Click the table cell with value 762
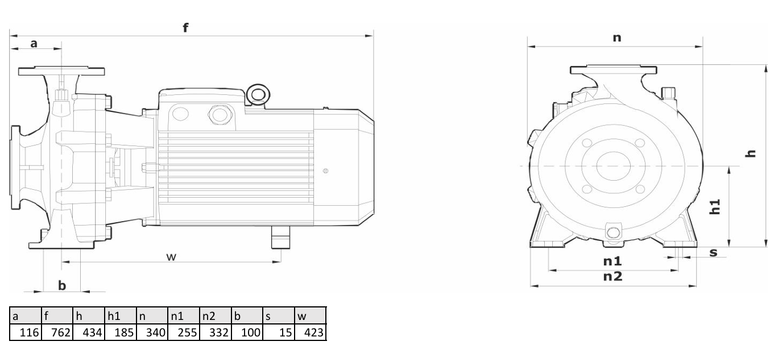point(57,332)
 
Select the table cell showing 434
point(89,332)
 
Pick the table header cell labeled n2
point(216,316)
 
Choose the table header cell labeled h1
point(120,316)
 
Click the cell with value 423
point(310,332)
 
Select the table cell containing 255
point(184,332)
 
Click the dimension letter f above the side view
point(185,27)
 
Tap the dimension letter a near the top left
point(34,44)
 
